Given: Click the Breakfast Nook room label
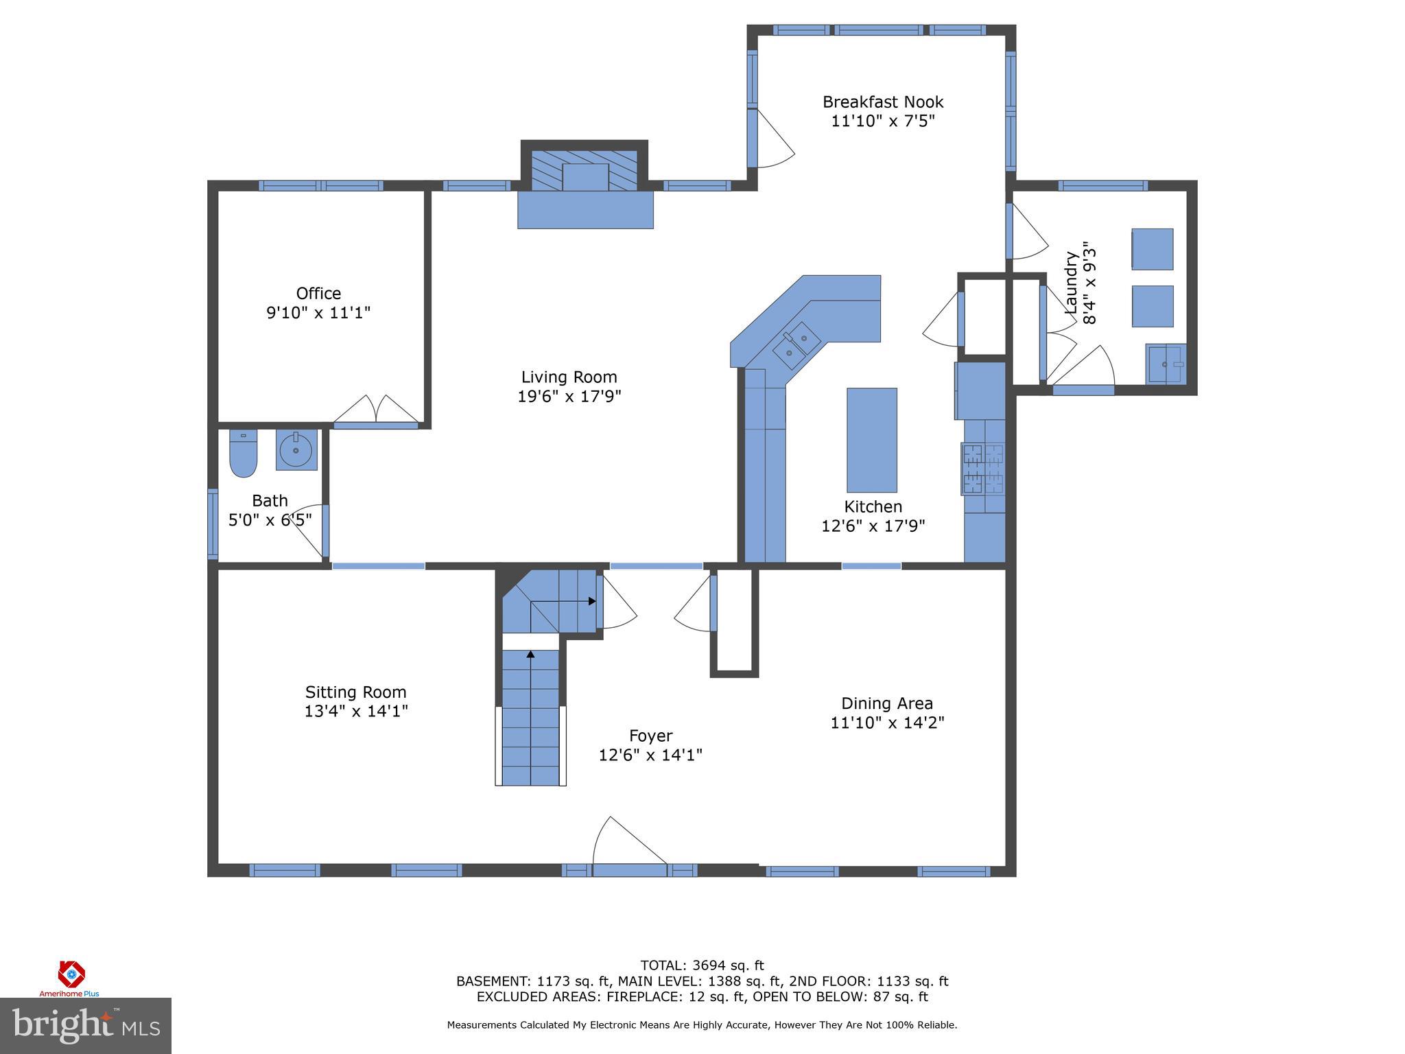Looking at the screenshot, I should click(x=883, y=102).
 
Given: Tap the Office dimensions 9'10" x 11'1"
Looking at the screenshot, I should click(x=318, y=313).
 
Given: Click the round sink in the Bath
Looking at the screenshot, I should click(x=296, y=450).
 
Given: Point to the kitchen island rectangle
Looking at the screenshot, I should click(x=871, y=440).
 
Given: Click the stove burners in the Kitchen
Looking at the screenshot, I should click(x=984, y=469).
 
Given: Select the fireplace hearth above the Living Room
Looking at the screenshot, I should click(x=585, y=209).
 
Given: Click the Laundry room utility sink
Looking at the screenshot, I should click(x=1164, y=363).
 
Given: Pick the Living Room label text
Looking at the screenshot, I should click(x=569, y=377).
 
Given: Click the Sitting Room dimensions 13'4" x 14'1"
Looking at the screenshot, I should click(x=356, y=711).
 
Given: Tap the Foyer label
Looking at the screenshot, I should click(x=650, y=736).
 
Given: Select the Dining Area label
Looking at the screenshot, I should click(x=886, y=703).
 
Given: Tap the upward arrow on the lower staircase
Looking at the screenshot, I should click(x=530, y=655).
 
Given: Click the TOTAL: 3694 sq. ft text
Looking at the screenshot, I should click(x=702, y=966).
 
